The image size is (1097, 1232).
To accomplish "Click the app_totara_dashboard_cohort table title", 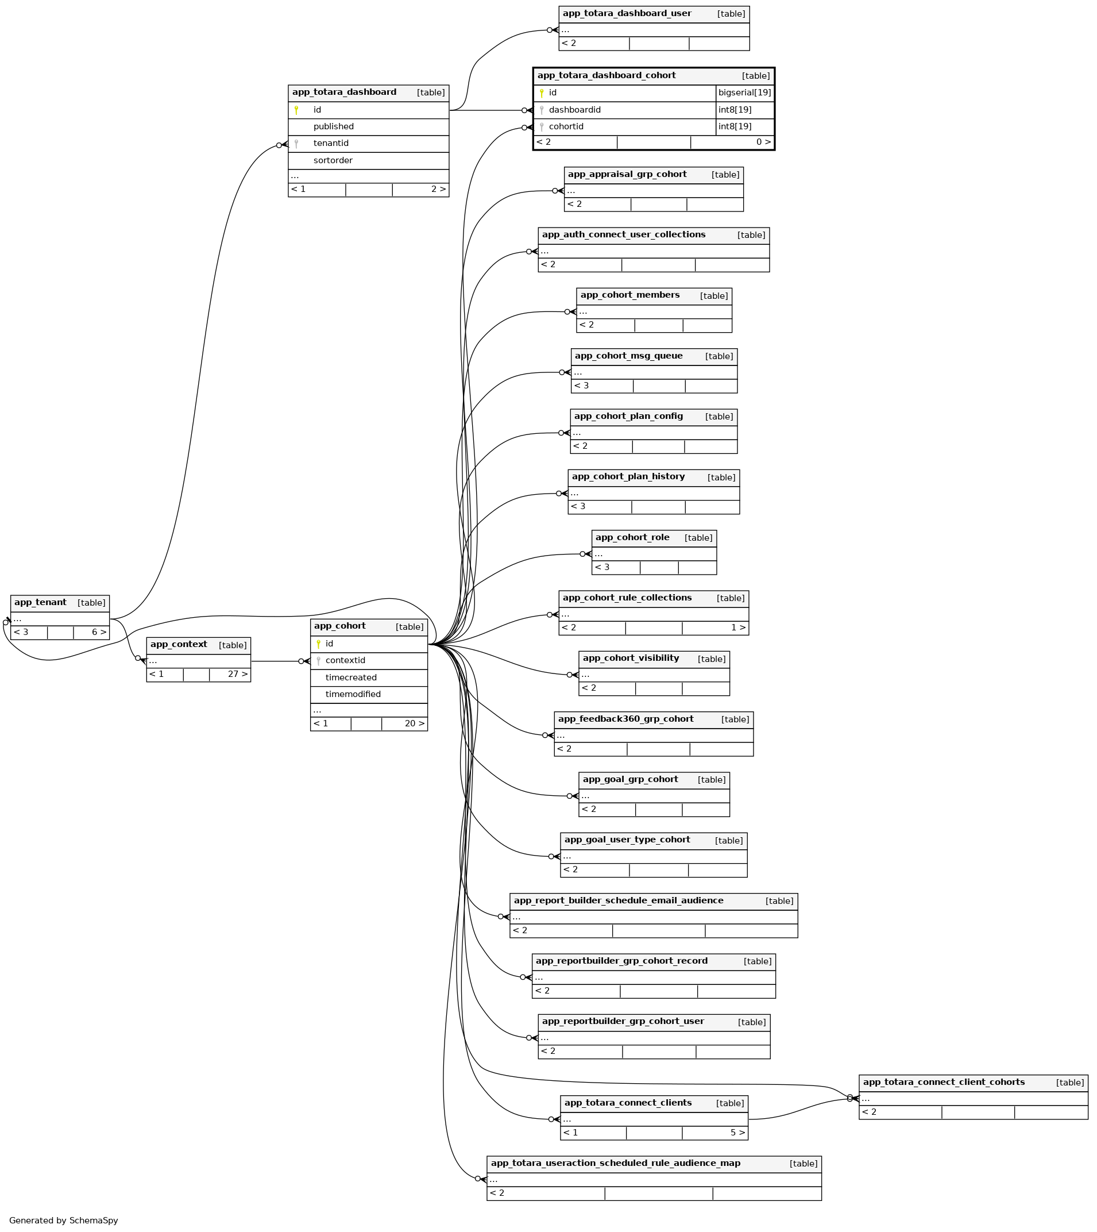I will [x=606, y=75].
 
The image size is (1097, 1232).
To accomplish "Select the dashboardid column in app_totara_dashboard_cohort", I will [x=574, y=110].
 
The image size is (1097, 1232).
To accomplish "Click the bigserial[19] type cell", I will [x=744, y=93].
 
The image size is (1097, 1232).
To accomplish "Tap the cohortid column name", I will [x=566, y=126].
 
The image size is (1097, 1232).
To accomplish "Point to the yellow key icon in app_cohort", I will [x=318, y=644].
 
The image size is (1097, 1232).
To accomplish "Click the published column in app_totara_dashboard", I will [x=333, y=126].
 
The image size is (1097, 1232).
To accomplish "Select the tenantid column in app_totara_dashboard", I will [x=331, y=143].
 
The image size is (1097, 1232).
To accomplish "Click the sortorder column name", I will [x=333, y=160].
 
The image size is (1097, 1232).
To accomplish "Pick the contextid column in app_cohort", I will [x=345, y=660].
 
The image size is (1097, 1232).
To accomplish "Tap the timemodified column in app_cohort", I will [x=353, y=694].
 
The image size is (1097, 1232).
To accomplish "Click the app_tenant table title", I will [x=40, y=602].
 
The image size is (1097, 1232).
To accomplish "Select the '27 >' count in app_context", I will [x=237, y=674].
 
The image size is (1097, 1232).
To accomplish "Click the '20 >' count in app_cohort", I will [x=414, y=723].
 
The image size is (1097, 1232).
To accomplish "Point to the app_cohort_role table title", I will [x=632, y=537].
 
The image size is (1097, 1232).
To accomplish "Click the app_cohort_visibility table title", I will [x=631, y=658].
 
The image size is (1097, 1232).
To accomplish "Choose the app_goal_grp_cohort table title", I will [x=630, y=779].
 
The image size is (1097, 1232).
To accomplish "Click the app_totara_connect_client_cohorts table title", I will [x=943, y=1082].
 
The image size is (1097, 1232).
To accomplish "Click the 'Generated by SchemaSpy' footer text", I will [x=63, y=1221].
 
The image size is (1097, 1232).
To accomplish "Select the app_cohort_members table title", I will [x=630, y=295].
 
